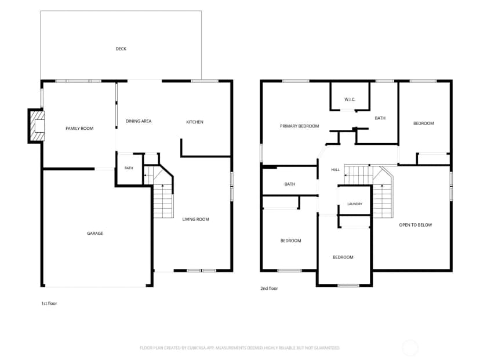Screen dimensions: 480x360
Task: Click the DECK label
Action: point(121,49)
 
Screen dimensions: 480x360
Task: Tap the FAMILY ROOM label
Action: point(79,128)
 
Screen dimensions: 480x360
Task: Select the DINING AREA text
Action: point(139,121)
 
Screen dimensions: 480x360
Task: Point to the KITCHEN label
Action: point(195,122)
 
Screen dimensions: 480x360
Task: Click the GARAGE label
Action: point(95,233)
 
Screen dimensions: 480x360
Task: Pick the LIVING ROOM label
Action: point(195,219)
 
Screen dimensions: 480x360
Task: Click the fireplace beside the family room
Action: point(36,126)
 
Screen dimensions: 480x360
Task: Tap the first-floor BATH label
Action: point(129,168)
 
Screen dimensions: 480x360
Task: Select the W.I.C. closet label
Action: point(350,99)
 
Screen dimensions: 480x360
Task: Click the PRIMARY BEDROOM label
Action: point(299,126)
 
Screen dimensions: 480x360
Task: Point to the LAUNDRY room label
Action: point(355,204)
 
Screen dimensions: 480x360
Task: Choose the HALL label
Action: point(336,170)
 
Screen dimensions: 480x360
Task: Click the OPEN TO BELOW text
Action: point(416,225)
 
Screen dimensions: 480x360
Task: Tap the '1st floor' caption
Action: point(49,303)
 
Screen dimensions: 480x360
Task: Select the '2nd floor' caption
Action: point(270,288)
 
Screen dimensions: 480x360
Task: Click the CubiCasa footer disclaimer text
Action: point(239,348)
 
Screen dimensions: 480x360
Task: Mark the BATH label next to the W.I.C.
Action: point(380,118)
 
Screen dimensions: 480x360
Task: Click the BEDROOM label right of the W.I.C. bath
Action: point(424,123)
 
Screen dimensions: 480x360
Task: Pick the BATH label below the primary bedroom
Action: point(290,184)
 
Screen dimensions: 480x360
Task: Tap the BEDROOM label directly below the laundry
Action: point(343,257)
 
